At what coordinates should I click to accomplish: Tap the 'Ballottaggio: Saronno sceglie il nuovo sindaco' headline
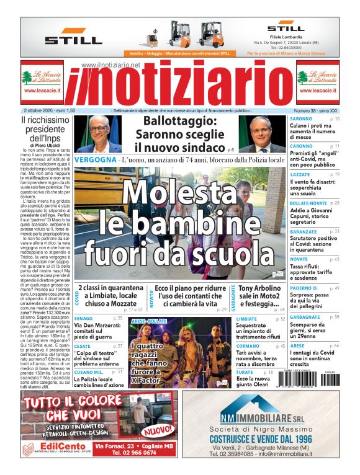pos(180,134)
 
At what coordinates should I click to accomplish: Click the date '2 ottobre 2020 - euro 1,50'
pos(48,110)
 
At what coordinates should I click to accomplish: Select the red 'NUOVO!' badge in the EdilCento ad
pos(158,429)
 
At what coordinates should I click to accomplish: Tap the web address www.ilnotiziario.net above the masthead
pos(110,65)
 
